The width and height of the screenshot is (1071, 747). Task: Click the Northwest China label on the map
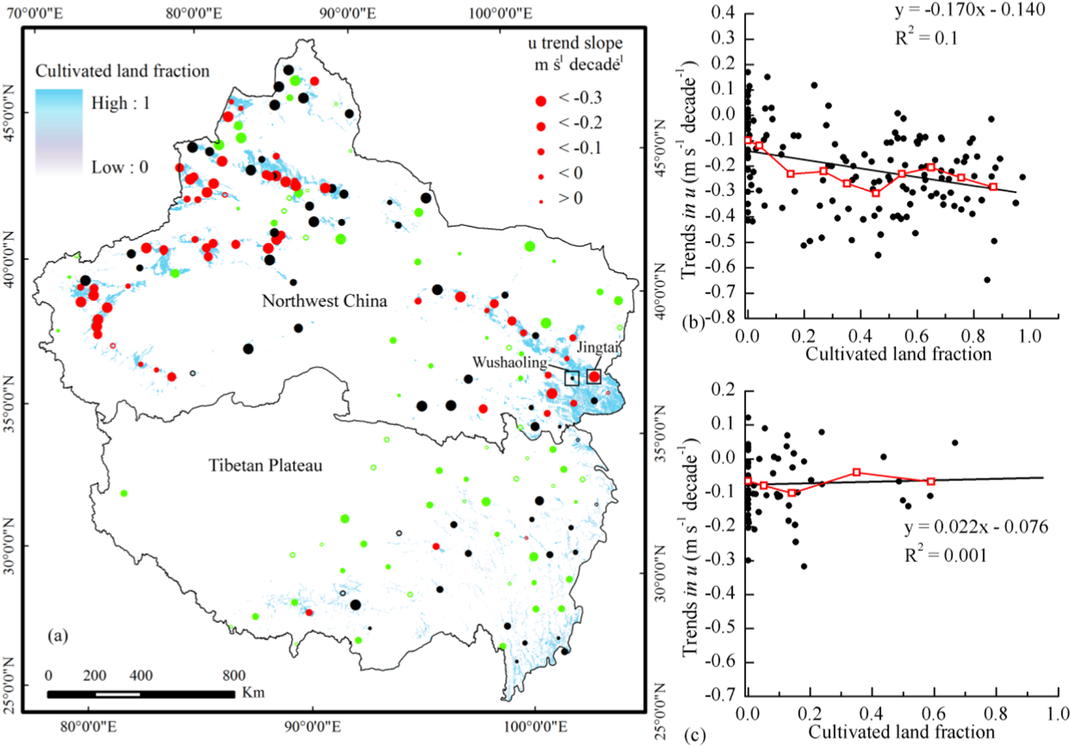[324, 301]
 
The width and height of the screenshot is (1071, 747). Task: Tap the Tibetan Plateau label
[265, 466]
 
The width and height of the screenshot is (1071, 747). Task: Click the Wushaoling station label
[509, 362]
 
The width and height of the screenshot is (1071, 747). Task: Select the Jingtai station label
[598, 347]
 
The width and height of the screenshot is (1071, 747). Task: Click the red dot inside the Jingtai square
[594, 377]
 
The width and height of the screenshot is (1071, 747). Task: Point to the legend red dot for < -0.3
[540, 101]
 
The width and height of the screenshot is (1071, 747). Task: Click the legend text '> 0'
[570, 199]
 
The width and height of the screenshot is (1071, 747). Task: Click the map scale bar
[141, 694]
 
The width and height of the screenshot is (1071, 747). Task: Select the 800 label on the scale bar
[234, 676]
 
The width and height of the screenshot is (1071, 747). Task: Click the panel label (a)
[58, 636]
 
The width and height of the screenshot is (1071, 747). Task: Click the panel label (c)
[695, 736]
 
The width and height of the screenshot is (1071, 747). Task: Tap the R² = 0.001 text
[945, 555]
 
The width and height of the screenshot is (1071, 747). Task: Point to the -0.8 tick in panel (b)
[720, 317]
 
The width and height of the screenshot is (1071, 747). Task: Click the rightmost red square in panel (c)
[931, 481]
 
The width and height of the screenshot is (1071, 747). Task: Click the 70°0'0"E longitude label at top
[35, 13]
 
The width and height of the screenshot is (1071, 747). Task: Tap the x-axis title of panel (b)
[898, 354]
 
